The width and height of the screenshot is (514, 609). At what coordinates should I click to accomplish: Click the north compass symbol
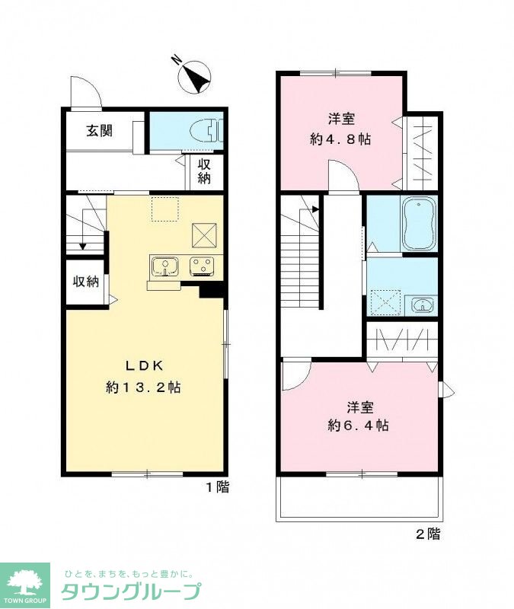(x=194, y=77)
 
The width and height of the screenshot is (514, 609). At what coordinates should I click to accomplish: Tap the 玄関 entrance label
(x=100, y=131)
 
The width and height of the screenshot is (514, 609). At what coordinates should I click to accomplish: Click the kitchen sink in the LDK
(x=165, y=266)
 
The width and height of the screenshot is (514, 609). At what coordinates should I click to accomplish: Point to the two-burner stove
(x=202, y=266)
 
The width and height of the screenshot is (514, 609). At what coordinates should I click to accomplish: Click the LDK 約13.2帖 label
(x=143, y=376)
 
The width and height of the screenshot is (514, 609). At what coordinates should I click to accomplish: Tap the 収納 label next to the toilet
(x=204, y=171)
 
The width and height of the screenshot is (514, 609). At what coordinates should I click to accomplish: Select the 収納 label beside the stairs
(x=86, y=281)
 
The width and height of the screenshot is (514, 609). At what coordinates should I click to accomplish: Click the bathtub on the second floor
(x=419, y=224)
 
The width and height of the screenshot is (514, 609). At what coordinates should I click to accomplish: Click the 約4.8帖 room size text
(x=340, y=139)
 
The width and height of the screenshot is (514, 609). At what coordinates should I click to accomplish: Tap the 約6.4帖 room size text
(x=358, y=426)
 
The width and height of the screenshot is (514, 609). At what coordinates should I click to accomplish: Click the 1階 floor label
(x=217, y=486)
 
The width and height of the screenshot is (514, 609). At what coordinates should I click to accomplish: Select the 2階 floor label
(x=428, y=534)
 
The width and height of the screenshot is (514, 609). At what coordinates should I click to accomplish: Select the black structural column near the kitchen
(x=211, y=291)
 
